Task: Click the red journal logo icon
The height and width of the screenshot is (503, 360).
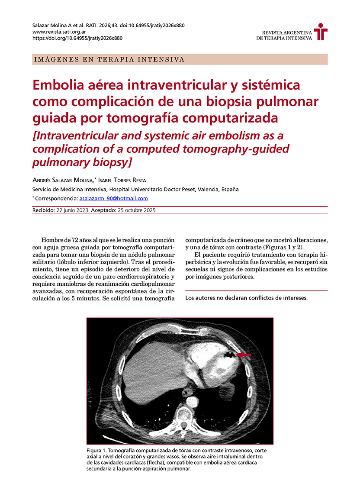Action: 321,32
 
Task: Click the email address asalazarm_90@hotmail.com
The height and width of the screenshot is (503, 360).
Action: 114,199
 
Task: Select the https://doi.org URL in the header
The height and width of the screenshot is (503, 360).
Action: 77,38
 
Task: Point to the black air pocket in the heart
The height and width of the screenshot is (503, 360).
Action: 228,355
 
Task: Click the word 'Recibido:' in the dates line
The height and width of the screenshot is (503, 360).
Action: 44,210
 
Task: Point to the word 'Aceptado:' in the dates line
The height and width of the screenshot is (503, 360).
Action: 104,210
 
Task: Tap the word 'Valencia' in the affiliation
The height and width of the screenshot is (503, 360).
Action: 205,189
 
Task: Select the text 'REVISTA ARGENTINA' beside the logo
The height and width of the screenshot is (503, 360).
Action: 287,33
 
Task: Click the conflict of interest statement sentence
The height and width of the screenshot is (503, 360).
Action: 246,298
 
